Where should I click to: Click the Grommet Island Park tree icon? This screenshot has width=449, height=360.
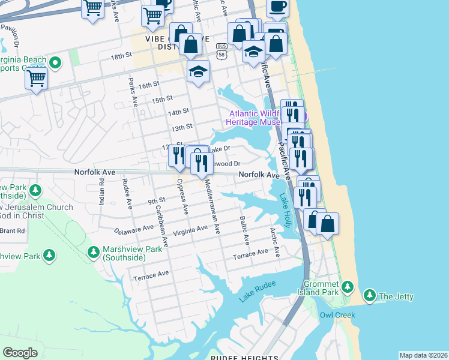(x=348, y=287)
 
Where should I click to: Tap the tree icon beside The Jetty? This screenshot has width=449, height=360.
(x=370, y=296)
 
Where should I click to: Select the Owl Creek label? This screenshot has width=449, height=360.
(x=337, y=315)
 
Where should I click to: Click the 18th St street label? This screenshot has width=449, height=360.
(x=121, y=56)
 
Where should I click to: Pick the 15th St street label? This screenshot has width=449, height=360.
(x=162, y=98)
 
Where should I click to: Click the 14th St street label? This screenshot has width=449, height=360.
(x=178, y=112)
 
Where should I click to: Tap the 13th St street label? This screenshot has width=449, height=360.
(x=181, y=127)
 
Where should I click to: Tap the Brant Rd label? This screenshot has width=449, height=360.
(x=12, y=230)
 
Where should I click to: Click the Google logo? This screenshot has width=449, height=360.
(x=20, y=353)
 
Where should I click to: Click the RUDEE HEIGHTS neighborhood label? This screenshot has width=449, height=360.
(x=244, y=358)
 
